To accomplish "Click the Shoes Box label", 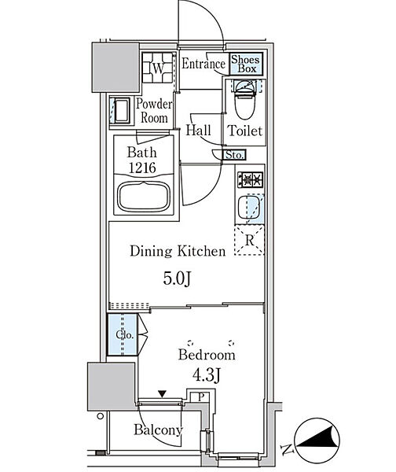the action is pyautogui.click(x=245, y=64).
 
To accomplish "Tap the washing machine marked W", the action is pyautogui.click(x=158, y=68).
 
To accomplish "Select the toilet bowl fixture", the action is pyautogui.click(x=245, y=100).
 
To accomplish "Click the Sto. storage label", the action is pyautogui.click(x=234, y=155).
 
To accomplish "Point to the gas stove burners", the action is pyautogui.click(x=250, y=179).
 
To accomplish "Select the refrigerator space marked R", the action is pyautogui.click(x=249, y=240).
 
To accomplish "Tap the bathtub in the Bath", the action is pyautogui.click(x=144, y=197).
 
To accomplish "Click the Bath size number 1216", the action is pyautogui.click(x=142, y=168).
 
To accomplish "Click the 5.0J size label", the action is pyautogui.click(x=177, y=279).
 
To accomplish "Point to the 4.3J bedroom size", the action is pyautogui.click(x=207, y=375).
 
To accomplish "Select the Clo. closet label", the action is pyautogui.click(x=124, y=335).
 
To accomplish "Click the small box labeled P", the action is pyautogui.click(x=201, y=396).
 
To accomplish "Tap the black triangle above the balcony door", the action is pyautogui.click(x=163, y=394).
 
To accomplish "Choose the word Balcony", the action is pyautogui.click(x=158, y=430).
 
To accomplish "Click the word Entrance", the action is pyautogui.click(x=203, y=64).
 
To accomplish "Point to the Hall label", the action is pyautogui.click(x=198, y=131).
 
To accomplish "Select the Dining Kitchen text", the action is pyautogui.click(x=178, y=251).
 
